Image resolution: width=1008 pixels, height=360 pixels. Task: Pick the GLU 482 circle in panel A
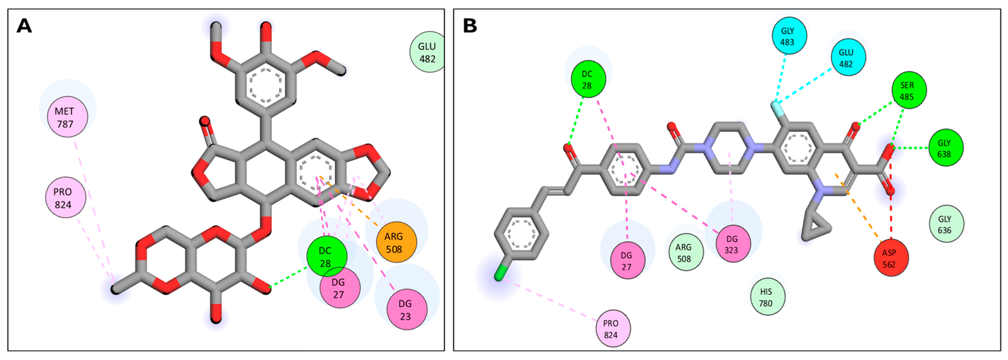tap(427, 52)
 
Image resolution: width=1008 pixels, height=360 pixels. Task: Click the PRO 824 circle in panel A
tap(65, 197)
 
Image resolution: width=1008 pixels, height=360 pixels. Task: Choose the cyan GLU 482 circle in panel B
tap(848, 58)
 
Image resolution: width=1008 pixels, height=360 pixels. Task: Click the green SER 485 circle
tap(909, 90)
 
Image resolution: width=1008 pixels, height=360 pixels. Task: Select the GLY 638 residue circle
tap(945, 148)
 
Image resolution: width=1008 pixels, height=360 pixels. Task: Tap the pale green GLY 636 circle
tap(946, 224)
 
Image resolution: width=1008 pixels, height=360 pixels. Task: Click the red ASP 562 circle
tap(891, 258)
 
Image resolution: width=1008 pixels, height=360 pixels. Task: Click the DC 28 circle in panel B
tap(588, 79)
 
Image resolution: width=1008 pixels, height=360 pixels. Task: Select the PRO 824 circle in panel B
tap(613, 329)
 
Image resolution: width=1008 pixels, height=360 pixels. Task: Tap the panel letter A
tap(24, 26)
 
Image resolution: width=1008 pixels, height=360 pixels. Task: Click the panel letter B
tap(470, 26)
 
